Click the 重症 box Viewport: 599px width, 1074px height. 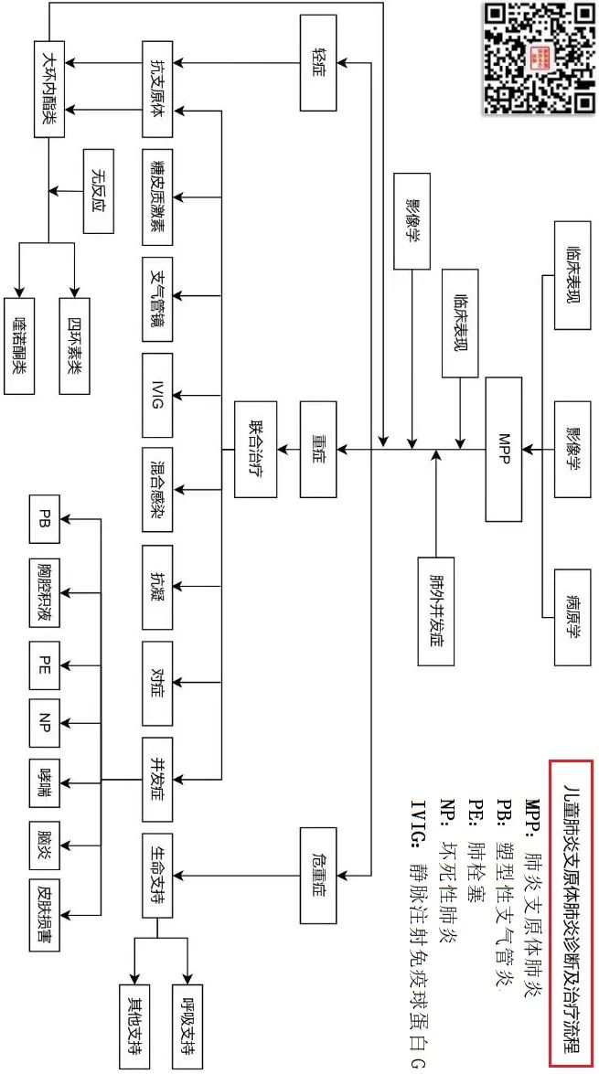coord(320,448)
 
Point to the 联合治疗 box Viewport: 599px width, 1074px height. coord(255,448)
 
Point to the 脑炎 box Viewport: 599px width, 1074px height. coord(46,834)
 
